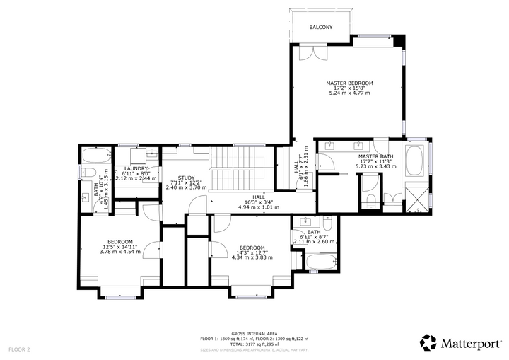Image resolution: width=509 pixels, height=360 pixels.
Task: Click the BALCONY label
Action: (x=320, y=27)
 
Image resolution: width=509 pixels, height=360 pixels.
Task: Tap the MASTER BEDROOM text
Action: (x=349, y=83)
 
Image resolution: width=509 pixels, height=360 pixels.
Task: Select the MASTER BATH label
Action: (x=375, y=156)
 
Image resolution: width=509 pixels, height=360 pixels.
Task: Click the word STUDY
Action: (x=186, y=178)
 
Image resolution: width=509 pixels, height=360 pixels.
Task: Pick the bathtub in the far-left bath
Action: (x=95, y=156)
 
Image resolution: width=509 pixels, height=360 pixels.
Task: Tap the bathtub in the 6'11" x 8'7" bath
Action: (x=321, y=262)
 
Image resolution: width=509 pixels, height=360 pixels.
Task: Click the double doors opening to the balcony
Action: (x=308, y=53)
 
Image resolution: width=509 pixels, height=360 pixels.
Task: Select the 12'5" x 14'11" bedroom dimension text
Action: (x=119, y=246)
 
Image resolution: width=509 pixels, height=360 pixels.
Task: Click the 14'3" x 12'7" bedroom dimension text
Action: (x=252, y=252)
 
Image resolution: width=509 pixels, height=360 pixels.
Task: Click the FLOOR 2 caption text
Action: (x=19, y=349)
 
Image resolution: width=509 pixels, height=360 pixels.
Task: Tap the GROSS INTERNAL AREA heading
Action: (x=254, y=333)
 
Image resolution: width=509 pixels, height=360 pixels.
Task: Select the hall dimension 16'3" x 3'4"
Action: (x=259, y=202)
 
